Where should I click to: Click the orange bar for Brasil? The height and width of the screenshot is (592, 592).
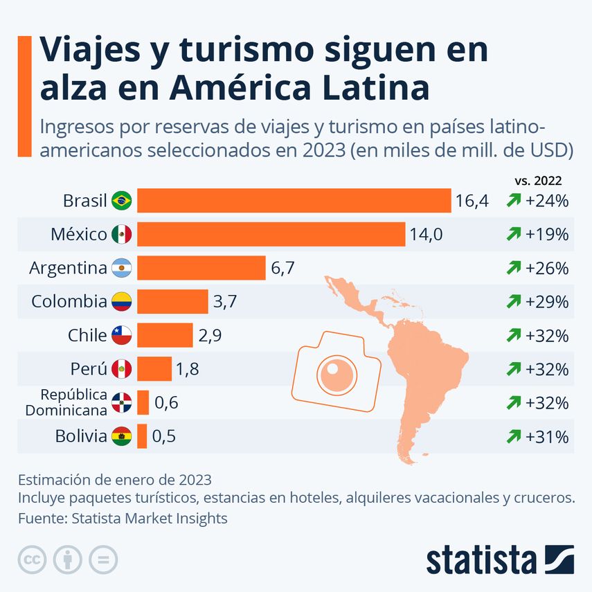click(x=294, y=201)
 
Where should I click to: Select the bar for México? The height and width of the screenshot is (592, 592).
click(x=271, y=234)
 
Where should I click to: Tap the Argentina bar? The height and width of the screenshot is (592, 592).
click(x=201, y=267)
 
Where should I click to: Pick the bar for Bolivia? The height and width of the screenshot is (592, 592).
click(x=142, y=436)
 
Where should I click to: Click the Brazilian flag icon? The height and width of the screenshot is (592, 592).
click(x=122, y=201)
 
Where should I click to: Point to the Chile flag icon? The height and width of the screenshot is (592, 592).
click(x=121, y=335)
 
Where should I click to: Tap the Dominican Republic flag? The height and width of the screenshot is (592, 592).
click(x=121, y=402)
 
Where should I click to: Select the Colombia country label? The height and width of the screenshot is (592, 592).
click(x=69, y=301)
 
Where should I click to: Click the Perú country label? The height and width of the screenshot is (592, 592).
click(x=89, y=368)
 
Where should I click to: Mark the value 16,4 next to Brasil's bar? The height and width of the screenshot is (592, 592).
click(x=472, y=201)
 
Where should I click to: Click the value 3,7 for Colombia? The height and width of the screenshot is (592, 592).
click(x=226, y=301)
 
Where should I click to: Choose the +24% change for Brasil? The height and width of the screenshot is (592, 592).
click(x=547, y=201)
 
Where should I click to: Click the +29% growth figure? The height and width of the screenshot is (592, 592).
click(x=547, y=301)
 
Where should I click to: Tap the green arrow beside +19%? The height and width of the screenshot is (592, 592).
click(x=514, y=235)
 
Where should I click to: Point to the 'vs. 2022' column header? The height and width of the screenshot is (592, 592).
click(x=538, y=180)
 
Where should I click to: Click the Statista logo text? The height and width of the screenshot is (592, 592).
click(x=481, y=559)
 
